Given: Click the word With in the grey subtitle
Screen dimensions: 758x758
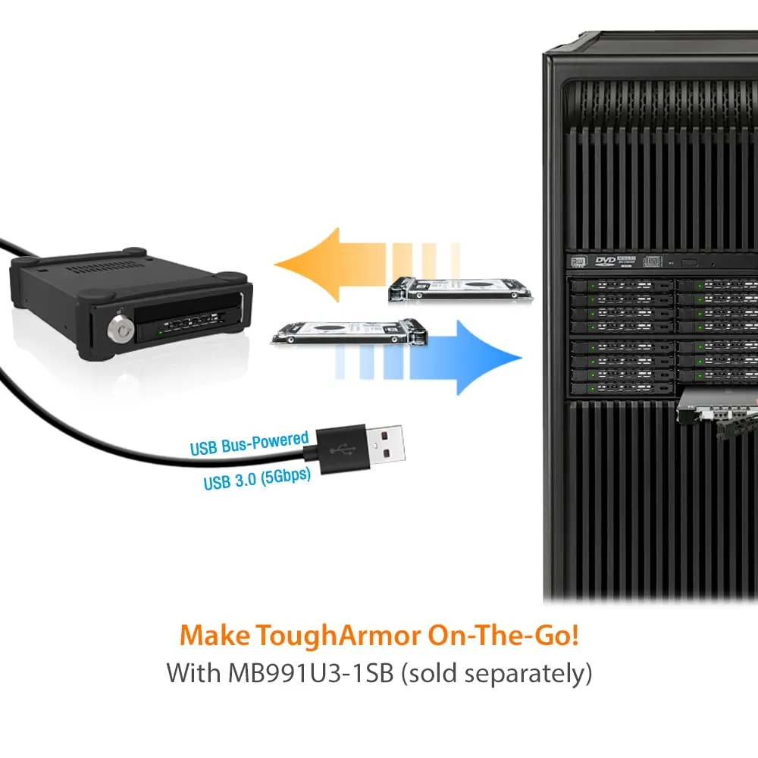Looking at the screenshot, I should point(191,672).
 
